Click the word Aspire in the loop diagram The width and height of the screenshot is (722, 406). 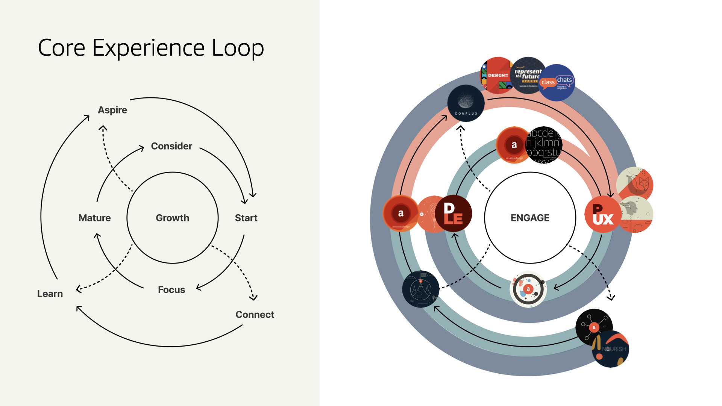pos(112,110)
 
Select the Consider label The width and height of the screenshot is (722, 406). pos(171,146)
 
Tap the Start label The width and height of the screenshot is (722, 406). pos(246,218)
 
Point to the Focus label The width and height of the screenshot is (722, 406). pos(171,290)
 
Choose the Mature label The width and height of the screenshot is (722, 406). pos(94,218)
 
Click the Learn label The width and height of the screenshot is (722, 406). pos(50,294)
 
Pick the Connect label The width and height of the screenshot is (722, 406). pos(255,315)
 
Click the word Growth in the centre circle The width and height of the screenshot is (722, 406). pos(173,218)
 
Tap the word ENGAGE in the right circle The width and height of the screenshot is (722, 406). pos(530,218)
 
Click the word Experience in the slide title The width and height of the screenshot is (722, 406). pos(148,48)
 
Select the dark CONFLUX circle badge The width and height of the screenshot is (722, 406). pos(466,103)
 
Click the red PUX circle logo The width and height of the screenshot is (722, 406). pos(602,215)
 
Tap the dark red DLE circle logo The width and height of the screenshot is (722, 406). pos(453,214)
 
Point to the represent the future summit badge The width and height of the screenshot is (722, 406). pos(528,75)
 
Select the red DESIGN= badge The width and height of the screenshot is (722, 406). pos(496,75)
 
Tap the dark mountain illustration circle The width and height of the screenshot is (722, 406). pos(420,289)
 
